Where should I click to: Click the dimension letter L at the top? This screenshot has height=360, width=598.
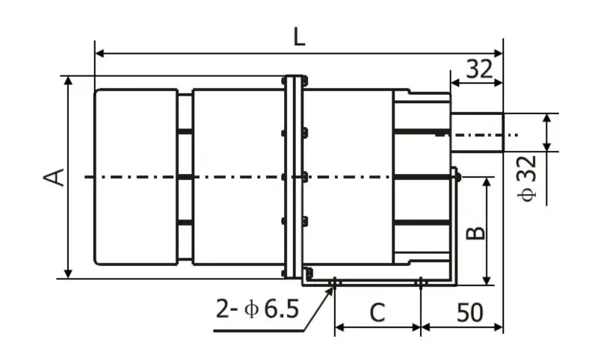point(299,37)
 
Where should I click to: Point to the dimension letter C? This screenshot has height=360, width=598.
point(377,312)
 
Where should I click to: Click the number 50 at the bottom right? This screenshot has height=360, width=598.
point(469,312)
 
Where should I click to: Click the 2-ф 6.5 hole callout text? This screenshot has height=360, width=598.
point(258,308)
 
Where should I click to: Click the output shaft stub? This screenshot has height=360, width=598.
point(477,133)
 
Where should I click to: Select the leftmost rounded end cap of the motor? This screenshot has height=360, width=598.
point(135,177)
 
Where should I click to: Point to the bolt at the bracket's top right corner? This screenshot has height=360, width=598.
point(456,176)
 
